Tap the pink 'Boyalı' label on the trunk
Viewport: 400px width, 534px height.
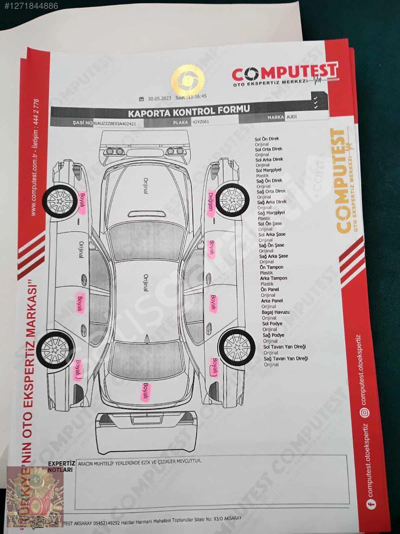coord(145,392)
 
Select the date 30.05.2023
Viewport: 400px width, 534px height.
coord(160,99)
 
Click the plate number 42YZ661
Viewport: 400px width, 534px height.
coord(201,121)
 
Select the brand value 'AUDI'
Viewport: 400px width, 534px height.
coord(292,117)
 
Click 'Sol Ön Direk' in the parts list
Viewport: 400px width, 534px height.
coord(267,139)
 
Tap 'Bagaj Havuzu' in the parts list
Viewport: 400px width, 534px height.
coord(276,312)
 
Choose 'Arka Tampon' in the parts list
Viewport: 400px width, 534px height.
coord(273,278)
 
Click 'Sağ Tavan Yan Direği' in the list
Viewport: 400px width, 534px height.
coord(285,359)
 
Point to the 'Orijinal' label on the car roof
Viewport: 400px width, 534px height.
coord(145,283)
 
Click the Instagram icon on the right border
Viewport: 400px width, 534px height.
coord(364,413)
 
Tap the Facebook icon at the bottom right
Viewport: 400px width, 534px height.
coord(370,504)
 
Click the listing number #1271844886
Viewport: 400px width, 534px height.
coord(29,6)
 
